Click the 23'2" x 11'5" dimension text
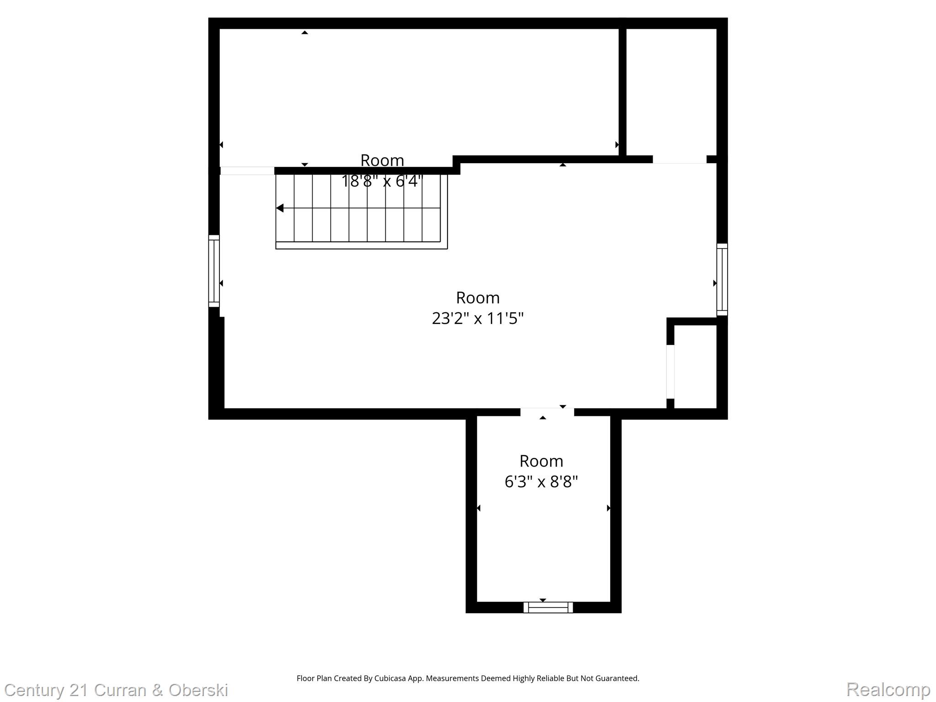478,318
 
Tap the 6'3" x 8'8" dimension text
541,482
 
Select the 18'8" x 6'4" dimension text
382,181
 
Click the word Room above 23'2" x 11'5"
478,298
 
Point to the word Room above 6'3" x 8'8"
541,461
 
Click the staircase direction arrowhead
280,208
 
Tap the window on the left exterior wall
214,271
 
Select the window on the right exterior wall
722,279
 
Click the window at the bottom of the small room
548,607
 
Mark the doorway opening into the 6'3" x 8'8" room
547,412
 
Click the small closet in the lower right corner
695,366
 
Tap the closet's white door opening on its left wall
670,372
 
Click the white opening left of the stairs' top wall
247,171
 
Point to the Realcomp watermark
888,689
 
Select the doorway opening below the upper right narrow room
679,160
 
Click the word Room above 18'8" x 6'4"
382,160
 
